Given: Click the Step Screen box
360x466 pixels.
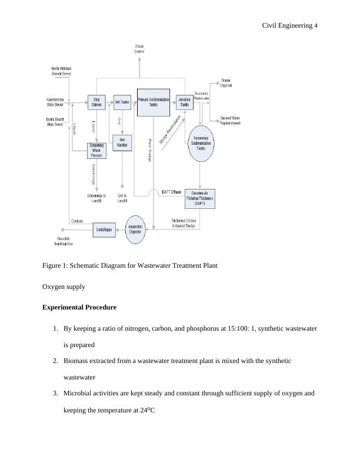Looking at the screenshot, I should coord(96,102).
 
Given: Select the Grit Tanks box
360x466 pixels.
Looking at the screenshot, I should coord(122,102).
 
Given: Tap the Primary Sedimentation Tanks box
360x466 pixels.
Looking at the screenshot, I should coord(153,102).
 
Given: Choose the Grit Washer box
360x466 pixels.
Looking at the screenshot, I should coord(122,143).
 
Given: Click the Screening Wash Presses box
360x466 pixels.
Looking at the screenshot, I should coord(96,151).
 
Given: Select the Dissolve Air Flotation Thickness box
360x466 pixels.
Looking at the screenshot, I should coord(199,198).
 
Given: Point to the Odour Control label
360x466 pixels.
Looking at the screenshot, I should coord(139,49).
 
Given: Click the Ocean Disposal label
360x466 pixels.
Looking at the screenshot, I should coord(226,82).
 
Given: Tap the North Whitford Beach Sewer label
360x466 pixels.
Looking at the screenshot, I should coord(61,71).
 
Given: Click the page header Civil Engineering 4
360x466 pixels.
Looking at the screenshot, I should coord(290,25).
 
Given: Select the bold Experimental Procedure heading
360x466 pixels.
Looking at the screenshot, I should coord(79,307).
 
